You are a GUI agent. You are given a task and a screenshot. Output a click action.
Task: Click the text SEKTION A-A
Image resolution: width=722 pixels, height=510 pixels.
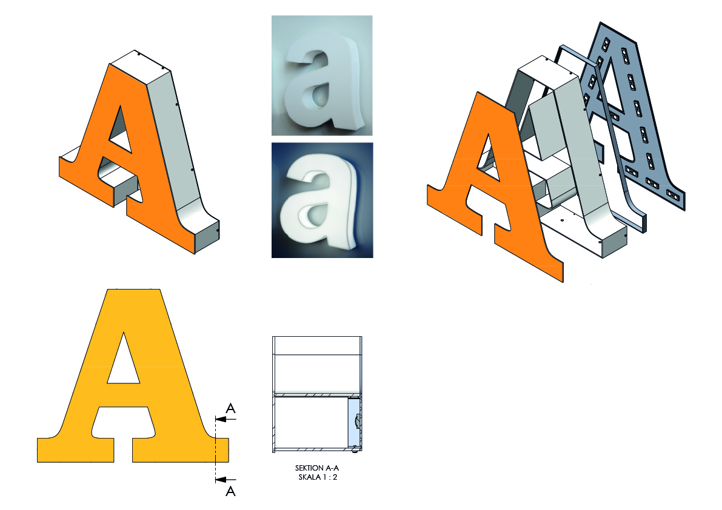[317, 468]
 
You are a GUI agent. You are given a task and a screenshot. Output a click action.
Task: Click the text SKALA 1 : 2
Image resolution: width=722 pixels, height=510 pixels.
[318, 477]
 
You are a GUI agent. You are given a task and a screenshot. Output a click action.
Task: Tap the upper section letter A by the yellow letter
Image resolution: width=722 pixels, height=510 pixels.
[231, 408]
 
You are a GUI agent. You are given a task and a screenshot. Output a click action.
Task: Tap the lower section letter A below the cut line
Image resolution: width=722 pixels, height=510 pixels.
[231, 492]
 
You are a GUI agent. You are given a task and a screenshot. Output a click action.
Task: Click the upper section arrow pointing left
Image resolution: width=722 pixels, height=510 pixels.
[226, 419]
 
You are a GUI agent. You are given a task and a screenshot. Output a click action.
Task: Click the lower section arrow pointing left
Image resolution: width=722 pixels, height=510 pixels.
[226, 480]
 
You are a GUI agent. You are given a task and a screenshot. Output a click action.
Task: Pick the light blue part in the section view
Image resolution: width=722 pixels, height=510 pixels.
[353, 422]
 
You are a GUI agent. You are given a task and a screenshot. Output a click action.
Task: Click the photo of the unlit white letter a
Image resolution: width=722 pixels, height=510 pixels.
[322, 76]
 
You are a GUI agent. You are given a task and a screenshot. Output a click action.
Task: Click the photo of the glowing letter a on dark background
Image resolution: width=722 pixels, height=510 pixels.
[323, 200]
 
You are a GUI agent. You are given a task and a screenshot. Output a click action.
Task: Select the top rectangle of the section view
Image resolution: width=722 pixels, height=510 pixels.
[317, 345]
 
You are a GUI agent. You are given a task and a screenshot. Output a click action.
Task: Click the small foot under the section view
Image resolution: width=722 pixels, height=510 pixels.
[355, 452]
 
